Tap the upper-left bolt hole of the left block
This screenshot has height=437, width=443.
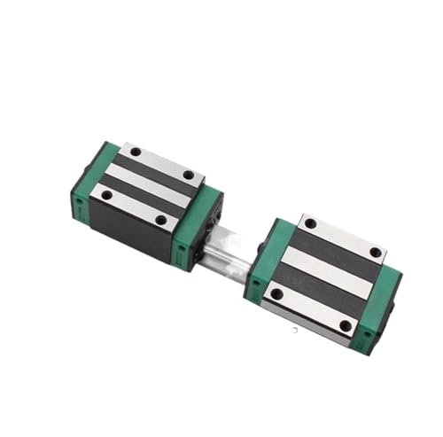(x=136, y=152)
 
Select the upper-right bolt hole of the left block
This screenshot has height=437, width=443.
(x=188, y=176)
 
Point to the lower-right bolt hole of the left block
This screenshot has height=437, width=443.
(x=160, y=220)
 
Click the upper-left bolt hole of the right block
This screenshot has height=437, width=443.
(x=310, y=223)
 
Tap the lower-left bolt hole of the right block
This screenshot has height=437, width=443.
(x=277, y=293)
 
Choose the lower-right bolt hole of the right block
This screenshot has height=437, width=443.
(x=345, y=325)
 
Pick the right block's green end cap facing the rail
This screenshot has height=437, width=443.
(x=263, y=257)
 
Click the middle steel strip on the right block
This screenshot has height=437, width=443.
(x=327, y=273)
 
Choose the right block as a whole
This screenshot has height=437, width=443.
(x=323, y=279)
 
